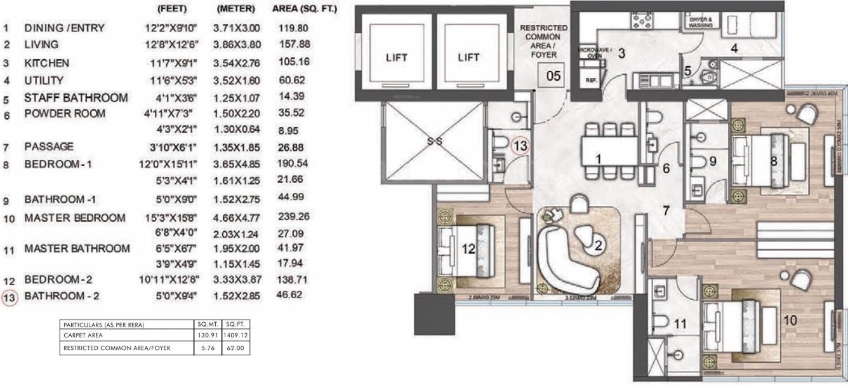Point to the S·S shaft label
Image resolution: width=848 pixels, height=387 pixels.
(435, 142)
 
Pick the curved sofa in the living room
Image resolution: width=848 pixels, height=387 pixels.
(562, 257)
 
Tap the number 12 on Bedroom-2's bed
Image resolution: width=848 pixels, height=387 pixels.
(468, 250)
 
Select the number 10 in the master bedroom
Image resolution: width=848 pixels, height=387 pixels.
(790, 320)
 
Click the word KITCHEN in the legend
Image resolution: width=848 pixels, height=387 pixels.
(46, 64)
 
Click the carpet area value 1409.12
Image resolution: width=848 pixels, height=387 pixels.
(235, 336)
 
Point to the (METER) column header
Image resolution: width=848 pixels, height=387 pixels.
(235, 10)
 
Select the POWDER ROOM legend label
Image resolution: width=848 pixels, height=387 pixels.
(65, 114)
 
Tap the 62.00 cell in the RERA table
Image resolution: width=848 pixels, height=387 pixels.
(235, 348)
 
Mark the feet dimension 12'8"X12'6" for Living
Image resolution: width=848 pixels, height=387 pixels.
(170, 44)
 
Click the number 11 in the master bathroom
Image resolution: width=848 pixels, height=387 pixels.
(680, 323)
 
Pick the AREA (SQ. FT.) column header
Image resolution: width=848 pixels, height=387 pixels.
(304, 10)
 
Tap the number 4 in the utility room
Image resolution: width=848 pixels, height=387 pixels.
(733, 48)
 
